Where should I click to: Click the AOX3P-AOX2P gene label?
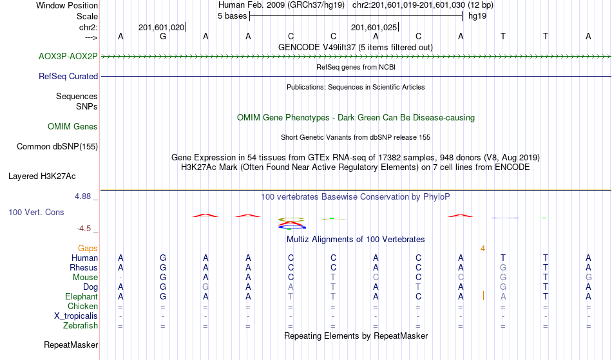click(x=68, y=57)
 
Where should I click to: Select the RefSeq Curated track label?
click(x=68, y=77)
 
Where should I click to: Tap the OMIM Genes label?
click(x=73, y=127)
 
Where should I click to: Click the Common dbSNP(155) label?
click(x=57, y=147)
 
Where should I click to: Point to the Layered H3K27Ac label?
click(x=42, y=176)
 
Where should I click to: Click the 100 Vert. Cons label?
click(x=36, y=212)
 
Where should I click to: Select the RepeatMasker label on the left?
click(x=71, y=345)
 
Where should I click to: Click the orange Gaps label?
click(x=88, y=249)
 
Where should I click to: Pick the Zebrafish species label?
click(x=81, y=326)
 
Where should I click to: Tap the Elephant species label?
click(x=81, y=297)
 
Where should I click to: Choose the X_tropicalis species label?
click(x=76, y=316)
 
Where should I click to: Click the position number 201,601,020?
click(x=161, y=27)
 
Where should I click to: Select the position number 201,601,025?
click(x=374, y=27)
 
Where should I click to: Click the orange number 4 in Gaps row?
click(x=483, y=249)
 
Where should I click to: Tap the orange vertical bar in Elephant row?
click(x=483, y=296)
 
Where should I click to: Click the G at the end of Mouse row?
click(x=588, y=278)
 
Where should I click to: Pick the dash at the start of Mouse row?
click(x=120, y=278)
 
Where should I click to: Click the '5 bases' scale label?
click(x=232, y=16)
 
